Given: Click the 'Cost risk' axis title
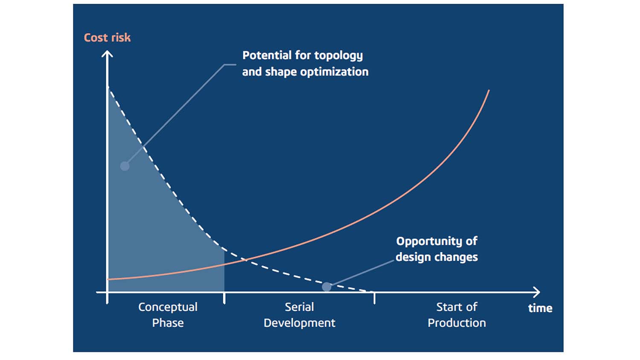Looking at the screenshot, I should point(107,38).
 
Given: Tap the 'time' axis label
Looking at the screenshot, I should point(540,308).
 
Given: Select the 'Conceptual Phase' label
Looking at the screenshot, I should point(168,315).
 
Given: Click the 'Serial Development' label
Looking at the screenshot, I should point(299,315).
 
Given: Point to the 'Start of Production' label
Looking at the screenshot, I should point(457,315).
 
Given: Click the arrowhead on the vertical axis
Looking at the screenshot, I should point(107,54).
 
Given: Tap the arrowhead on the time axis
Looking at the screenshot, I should point(537,292).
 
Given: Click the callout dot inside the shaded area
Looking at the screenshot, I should point(125,166).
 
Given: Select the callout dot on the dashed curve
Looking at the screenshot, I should point(326,287).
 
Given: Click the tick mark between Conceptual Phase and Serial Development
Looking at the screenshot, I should point(224,297).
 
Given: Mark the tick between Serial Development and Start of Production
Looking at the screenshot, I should point(375,297).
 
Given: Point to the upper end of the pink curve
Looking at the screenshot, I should point(489,91).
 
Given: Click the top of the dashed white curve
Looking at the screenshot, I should point(108,88).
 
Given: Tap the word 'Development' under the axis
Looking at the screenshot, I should point(299,323).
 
